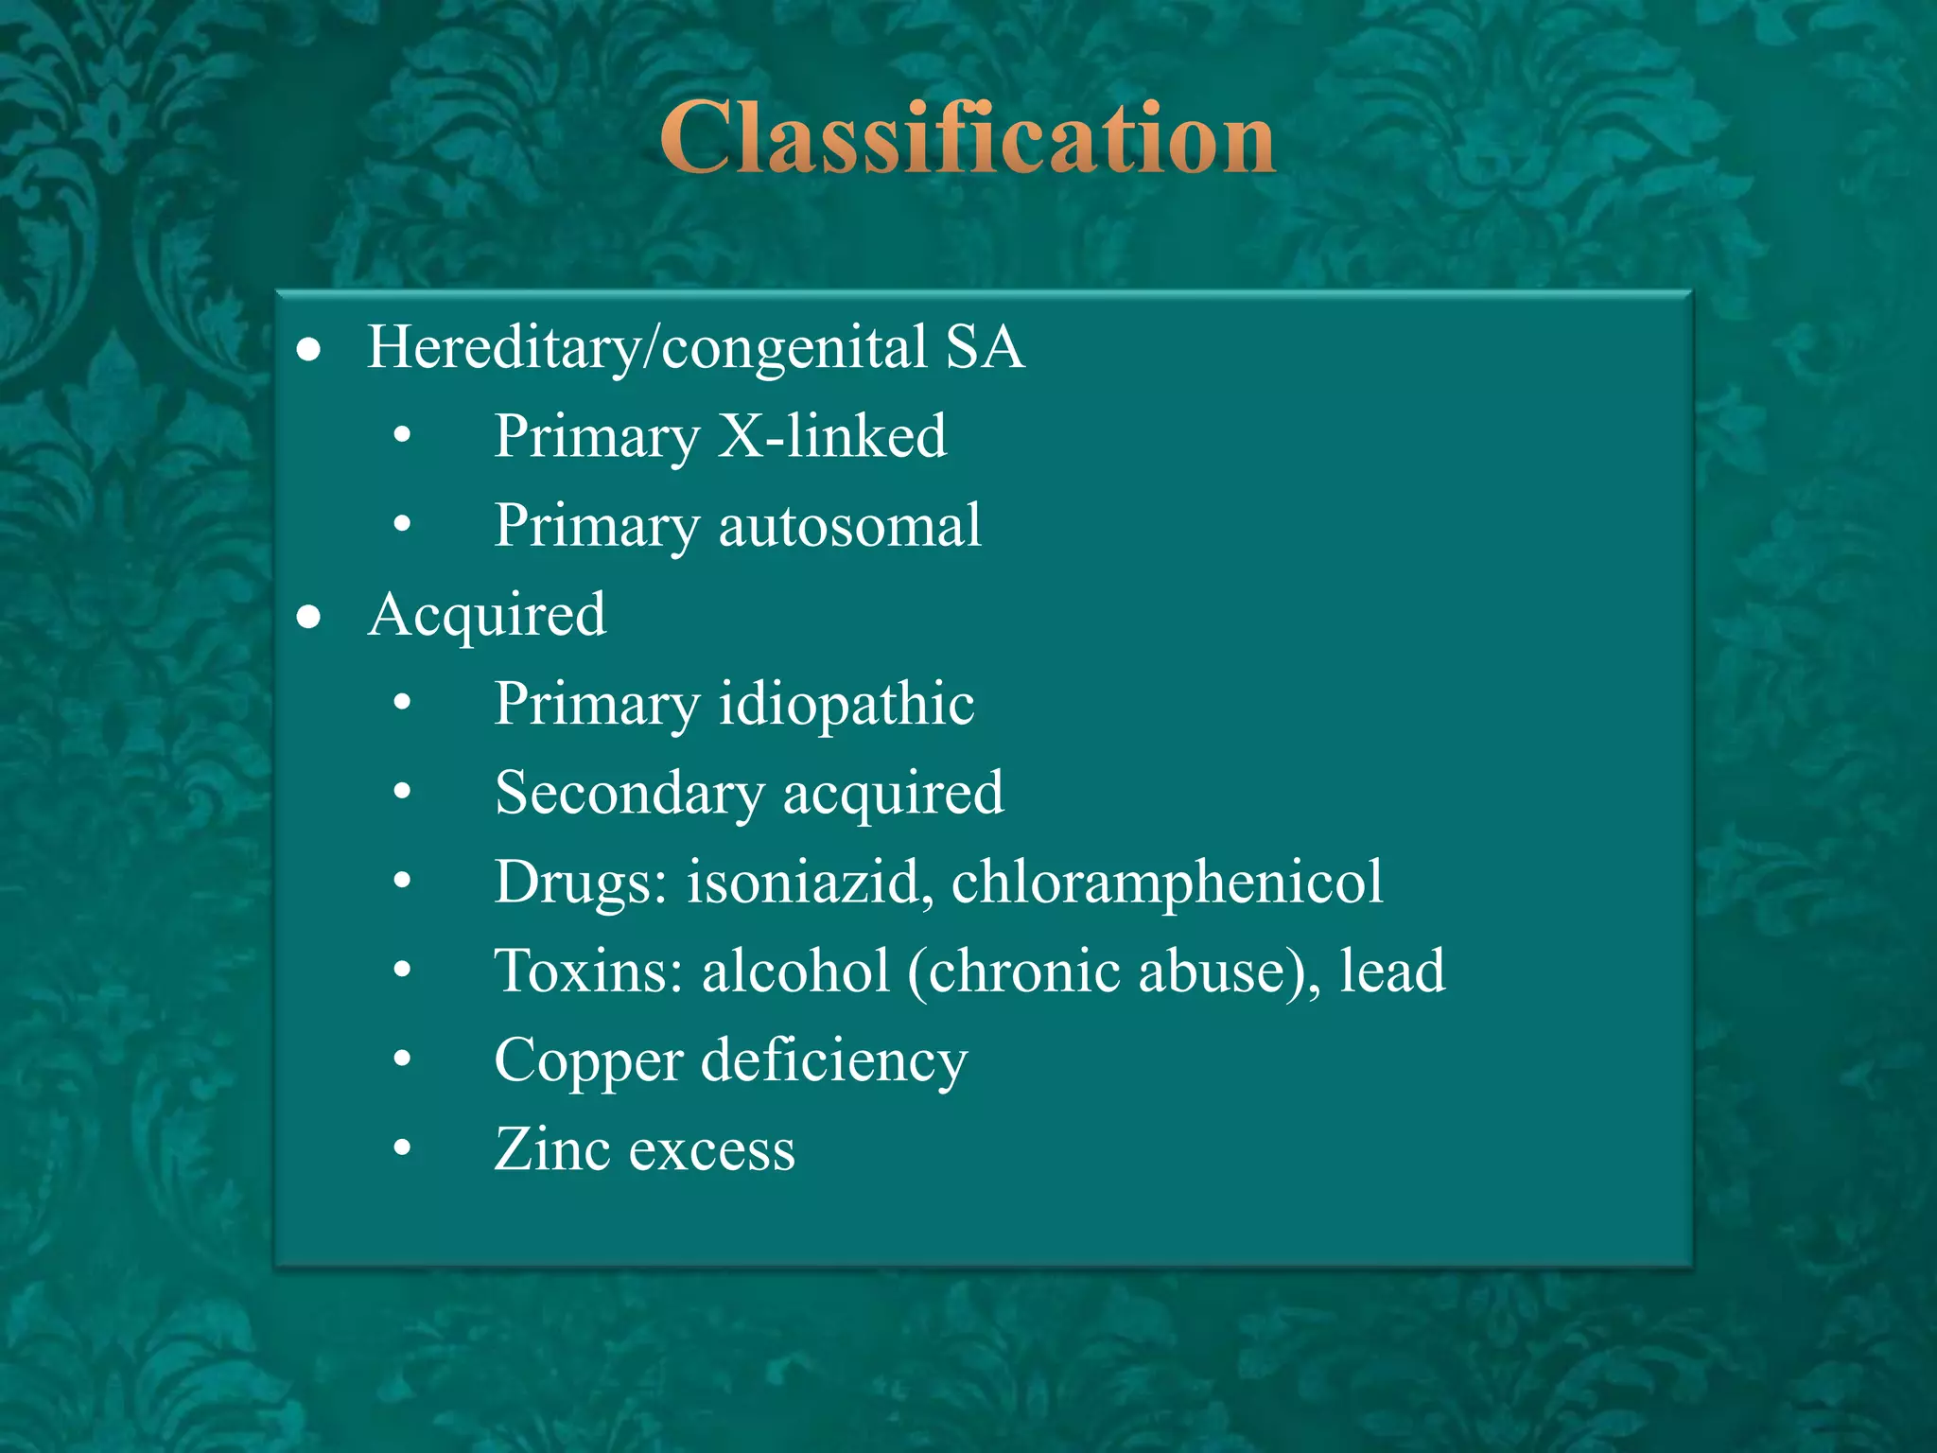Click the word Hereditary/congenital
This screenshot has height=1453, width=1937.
tap(647, 347)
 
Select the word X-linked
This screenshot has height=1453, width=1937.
tap(832, 436)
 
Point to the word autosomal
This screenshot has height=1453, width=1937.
tap(849, 525)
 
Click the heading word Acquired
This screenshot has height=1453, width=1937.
tap(487, 615)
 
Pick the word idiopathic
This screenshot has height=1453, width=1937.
tap(846, 704)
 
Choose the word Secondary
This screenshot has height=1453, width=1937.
tap(629, 793)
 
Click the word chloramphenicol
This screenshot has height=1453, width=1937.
tap(1167, 882)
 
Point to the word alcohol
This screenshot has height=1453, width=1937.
tap(795, 972)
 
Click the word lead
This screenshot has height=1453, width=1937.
tap(1392, 972)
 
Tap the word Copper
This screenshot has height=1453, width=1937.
tap(587, 1060)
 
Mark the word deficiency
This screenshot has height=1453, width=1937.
tap(833, 1060)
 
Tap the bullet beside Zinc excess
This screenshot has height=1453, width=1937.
tap(403, 1148)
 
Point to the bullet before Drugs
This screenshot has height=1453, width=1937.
tap(403, 881)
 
